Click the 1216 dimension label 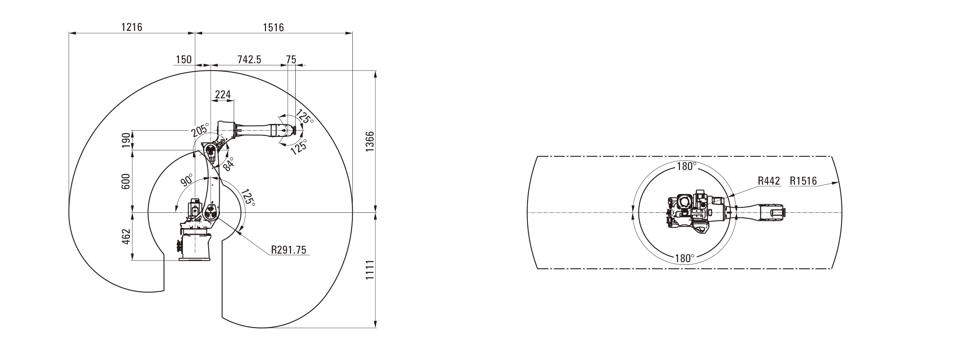(x=132, y=27)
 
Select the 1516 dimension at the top (x=273, y=27)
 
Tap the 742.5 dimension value (x=249, y=59)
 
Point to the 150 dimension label (x=184, y=59)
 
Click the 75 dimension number (x=291, y=59)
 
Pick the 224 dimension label (x=223, y=94)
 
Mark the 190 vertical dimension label (x=126, y=140)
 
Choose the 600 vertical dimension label (x=126, y=181)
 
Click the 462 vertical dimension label (x=126, y=236)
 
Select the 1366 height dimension (x=369, y=141)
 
